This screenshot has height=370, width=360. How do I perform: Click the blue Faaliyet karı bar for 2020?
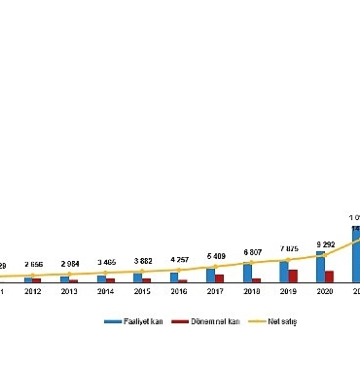320,267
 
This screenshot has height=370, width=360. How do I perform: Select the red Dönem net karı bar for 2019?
293,276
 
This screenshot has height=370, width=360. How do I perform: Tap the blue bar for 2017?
210,275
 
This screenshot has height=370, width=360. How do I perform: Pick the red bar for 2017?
220,277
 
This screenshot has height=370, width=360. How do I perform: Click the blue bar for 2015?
137,277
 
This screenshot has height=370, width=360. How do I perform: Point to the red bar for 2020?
330,276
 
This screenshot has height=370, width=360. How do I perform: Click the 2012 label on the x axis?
32,290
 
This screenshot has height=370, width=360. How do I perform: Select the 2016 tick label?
179,290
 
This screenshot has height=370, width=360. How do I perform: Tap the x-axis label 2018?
252,290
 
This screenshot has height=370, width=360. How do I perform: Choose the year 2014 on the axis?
105,290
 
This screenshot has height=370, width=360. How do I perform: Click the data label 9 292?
325,243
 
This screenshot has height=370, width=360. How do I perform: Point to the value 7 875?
288,250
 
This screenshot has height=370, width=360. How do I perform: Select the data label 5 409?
215,256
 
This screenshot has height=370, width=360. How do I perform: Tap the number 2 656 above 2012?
32,264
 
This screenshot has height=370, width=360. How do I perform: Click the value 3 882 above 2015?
142,262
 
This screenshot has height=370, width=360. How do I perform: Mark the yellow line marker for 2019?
288,259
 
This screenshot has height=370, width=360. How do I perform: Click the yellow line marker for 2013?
69,275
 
